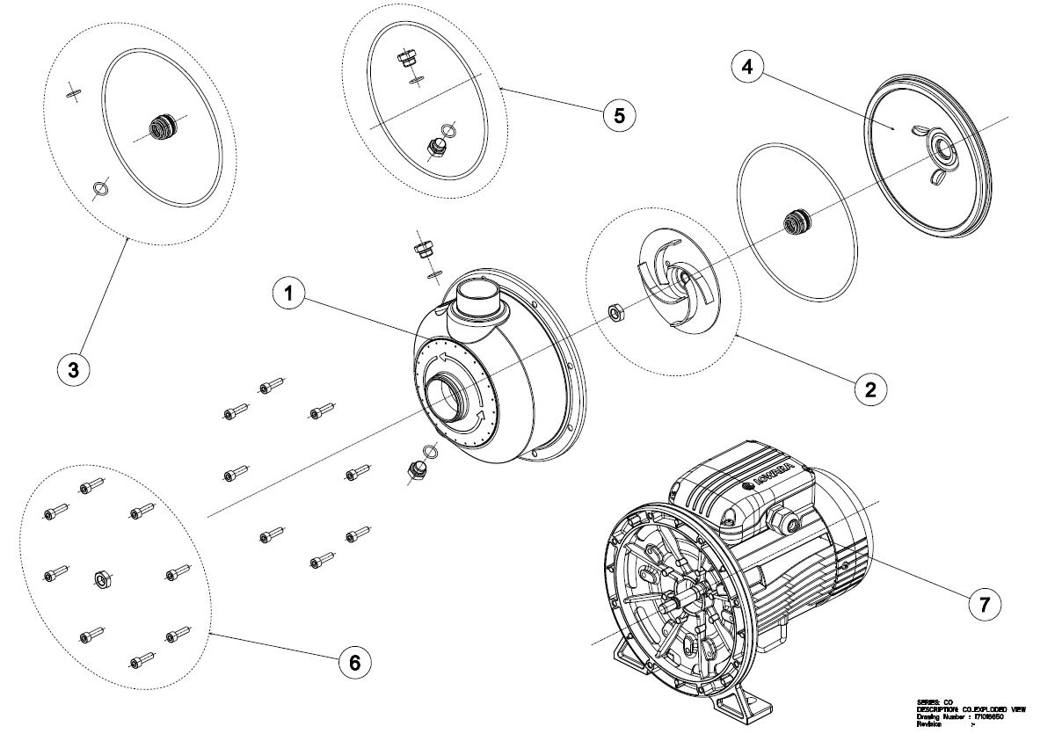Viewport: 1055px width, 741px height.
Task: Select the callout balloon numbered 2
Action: pyautogui.click(x=869, y=388)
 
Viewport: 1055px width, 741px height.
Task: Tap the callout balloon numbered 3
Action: pyautogui.click(x=73, y=370)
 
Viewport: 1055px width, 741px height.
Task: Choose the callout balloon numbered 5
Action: pyautogui.click(x=619, y=115)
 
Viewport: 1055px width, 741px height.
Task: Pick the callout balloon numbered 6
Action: pyautogui.click(x=354, y=662)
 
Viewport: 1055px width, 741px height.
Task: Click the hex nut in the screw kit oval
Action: pyautogui.click(x=101, y=578)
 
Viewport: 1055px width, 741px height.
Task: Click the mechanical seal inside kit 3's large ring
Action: pyautogui.click(x=161, y=127)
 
